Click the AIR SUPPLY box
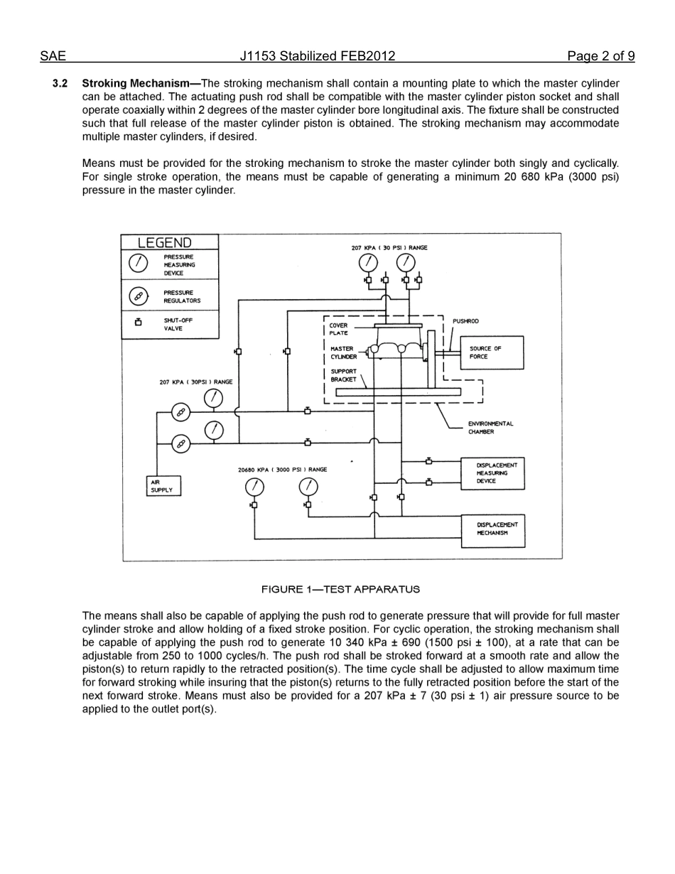[163, 486]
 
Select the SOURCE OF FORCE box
[495, 352]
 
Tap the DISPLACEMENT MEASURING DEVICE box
[493, 473]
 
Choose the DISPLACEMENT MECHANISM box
[493, 530]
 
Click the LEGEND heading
[165, 242]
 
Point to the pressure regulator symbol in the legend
[139, 296]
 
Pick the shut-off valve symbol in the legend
[139, 323]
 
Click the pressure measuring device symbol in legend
[139, 263]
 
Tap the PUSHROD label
[465, 321]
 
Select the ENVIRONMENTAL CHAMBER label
[490, 428]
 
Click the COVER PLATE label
[339, 329]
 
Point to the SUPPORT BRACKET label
[344, 375]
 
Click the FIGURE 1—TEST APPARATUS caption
[340, 589]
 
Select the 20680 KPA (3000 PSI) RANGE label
[283, 470]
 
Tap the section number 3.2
[60, 84]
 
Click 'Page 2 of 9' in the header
[600, 57]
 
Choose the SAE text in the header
[53, 57]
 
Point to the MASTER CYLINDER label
[342, 352]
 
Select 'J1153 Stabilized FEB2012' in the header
[317, 57]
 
